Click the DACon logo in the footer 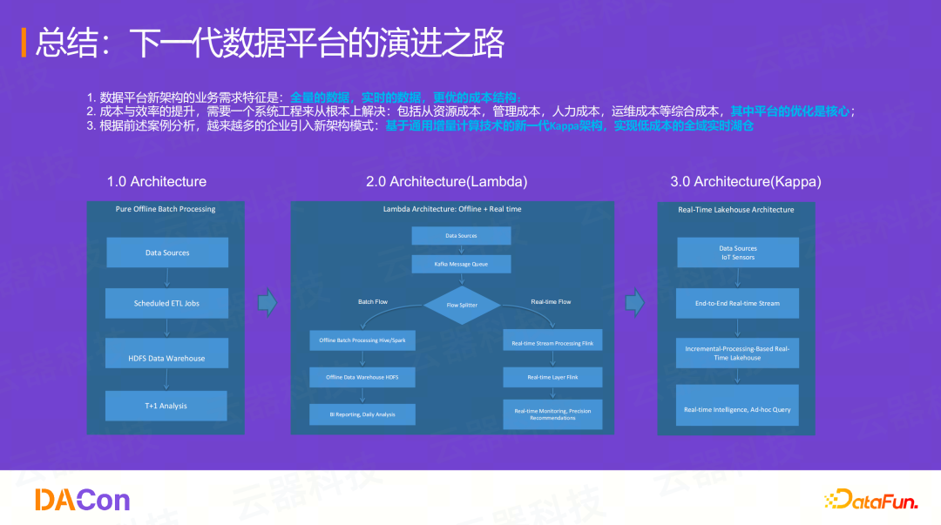(82, 500)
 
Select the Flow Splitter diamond (462, 305)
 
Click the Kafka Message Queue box (461, 264)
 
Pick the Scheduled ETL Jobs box (166, 303)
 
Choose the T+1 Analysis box (166, 406)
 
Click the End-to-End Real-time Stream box (737, 303)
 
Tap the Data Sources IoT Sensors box (737, 252)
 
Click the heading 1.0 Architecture (157, 182)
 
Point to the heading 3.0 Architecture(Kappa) (745, 182)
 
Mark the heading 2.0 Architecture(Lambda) (446, 182)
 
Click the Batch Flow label (373, 301)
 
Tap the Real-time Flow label (551, 301)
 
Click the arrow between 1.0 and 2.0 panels (267, 303)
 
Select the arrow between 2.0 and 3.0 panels (635, 303)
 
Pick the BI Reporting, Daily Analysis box (362, 414)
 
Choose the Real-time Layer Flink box (552, 377)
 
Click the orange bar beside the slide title (24, 43)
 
